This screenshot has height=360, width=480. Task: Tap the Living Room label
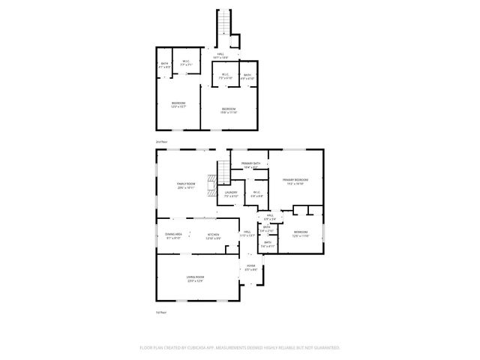(x=196, y=279)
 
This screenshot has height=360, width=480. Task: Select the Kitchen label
(x=214, y=235)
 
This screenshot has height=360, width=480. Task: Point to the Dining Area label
(x=173, y=235)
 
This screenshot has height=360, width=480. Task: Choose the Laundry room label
(x=231, y=193)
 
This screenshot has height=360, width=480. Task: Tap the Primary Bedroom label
(x=295, y=181)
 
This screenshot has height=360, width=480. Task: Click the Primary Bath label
(x=250, y=164)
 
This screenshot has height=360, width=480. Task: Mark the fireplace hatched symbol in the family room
(x=212, y=178)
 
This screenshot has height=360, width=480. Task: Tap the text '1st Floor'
(x=160, y=312)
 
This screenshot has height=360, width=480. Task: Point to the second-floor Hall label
(x=221, y=55)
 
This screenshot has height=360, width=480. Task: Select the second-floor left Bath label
(x=165, y=64)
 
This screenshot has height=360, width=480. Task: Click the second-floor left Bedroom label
(x=178, y=104)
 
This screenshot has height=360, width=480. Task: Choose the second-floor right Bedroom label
(x=229, y=110)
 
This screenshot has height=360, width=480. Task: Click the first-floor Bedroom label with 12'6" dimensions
(x=300, y=233)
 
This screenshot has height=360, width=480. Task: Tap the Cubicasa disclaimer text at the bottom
(x=240, y=347)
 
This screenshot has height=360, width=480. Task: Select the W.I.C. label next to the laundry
(x=256, y=194)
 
